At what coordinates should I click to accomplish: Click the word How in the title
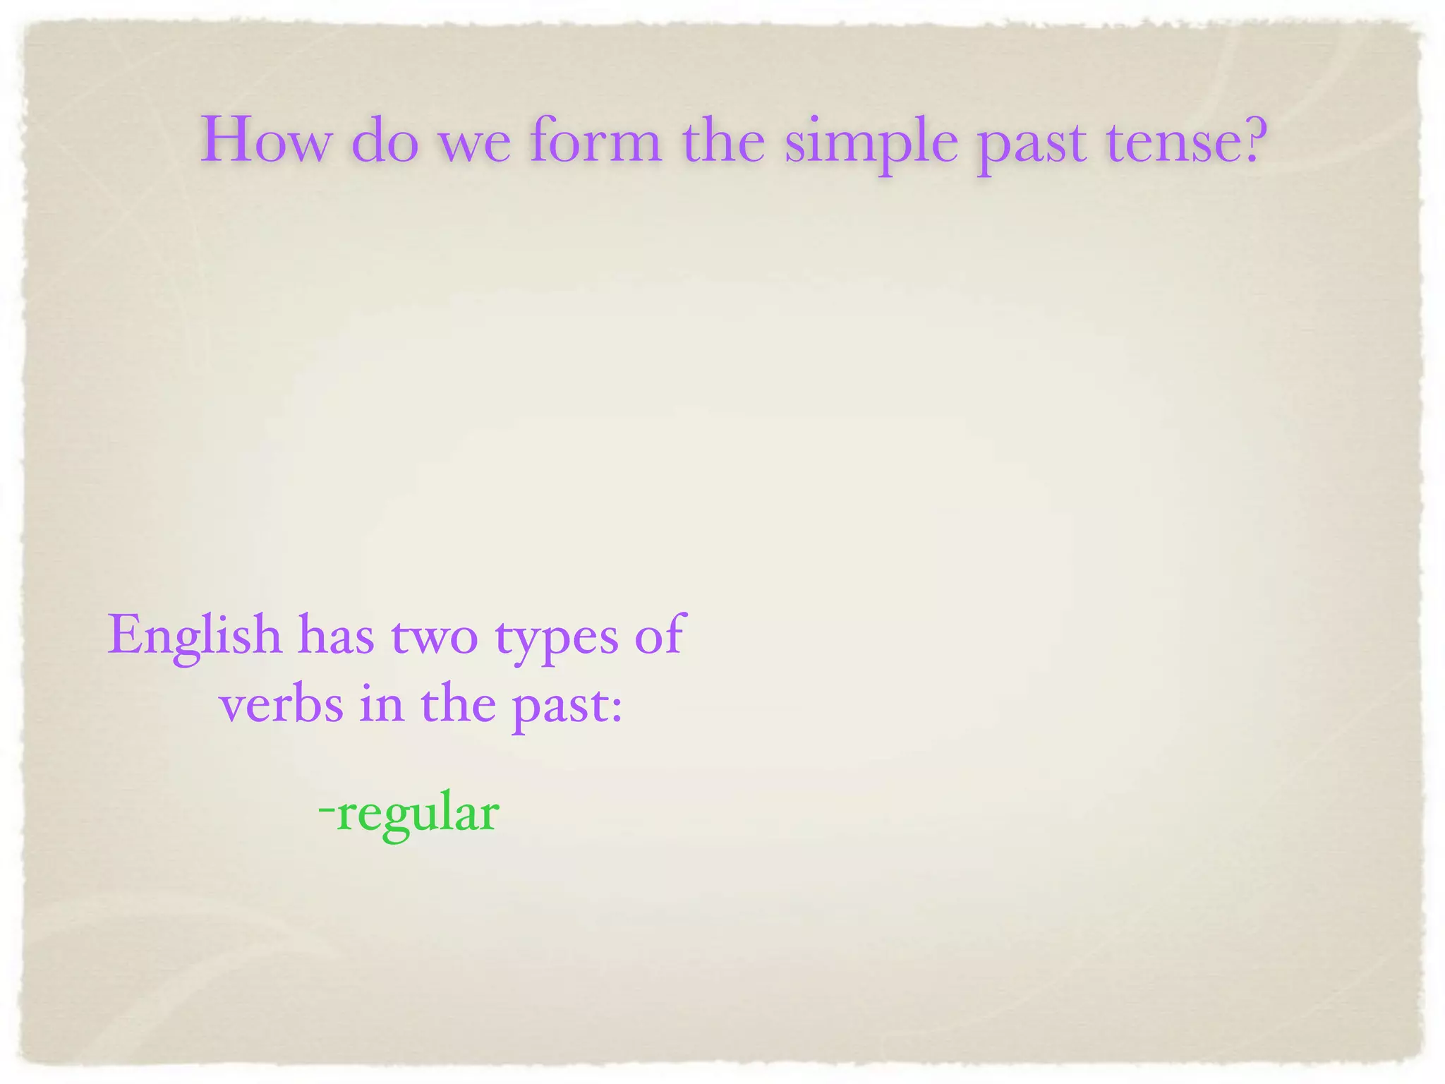[x=265, y=140]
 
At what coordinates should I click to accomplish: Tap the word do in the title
[x=385, y=140]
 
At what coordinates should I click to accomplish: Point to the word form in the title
[x=596, y=139]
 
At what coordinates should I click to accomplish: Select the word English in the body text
[x=194, y=636]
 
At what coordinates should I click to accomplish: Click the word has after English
[x=335, y=634]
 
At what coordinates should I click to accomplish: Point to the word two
[x=434, y=636]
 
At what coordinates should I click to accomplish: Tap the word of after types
[x=658, y=634]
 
